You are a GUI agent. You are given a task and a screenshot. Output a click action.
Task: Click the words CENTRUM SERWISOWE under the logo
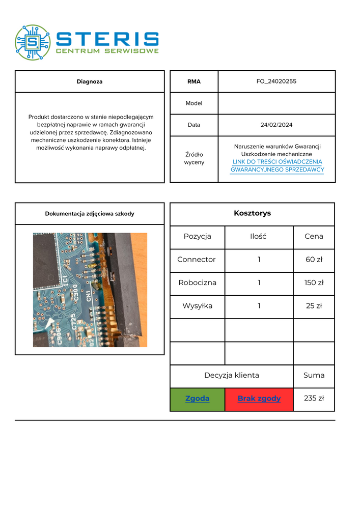(x=107, y=51)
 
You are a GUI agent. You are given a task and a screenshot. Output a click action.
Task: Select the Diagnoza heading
(x=90, y=81)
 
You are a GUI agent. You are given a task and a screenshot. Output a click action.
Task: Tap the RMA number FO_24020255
(x=276, y=81)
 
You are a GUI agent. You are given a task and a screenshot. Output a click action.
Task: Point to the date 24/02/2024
(x=276, y=125)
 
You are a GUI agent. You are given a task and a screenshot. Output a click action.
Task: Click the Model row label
(x=194, y=103)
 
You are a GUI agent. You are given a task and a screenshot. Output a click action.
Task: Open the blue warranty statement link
(x=277, y=166)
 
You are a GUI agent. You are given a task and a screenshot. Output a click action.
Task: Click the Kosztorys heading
(x=252, y=213)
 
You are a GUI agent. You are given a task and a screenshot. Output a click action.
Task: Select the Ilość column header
(x=259, y=236)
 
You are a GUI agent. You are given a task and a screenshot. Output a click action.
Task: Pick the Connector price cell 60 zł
(x=314, y=260)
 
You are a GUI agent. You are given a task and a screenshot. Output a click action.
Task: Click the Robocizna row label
(x=197, y=282)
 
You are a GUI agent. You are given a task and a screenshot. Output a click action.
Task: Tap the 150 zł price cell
(x=314, y=282)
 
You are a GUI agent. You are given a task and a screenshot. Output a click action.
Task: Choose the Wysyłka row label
(x=197, y=306)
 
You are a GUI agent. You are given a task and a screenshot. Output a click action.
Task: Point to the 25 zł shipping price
(x=314, y=306)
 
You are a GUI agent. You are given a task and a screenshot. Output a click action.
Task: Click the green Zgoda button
(x=197, y=399)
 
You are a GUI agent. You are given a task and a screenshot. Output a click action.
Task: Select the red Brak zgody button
(x=259, y=399)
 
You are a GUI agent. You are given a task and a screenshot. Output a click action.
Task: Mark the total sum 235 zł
(x=314, y=399)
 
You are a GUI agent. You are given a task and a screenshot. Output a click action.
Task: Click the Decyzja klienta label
(x=232, y=376)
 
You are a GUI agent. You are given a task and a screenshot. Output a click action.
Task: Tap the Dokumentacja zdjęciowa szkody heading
(x=90, y=214)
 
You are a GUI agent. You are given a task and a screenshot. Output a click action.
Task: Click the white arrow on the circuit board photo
(x=50, y=323)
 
